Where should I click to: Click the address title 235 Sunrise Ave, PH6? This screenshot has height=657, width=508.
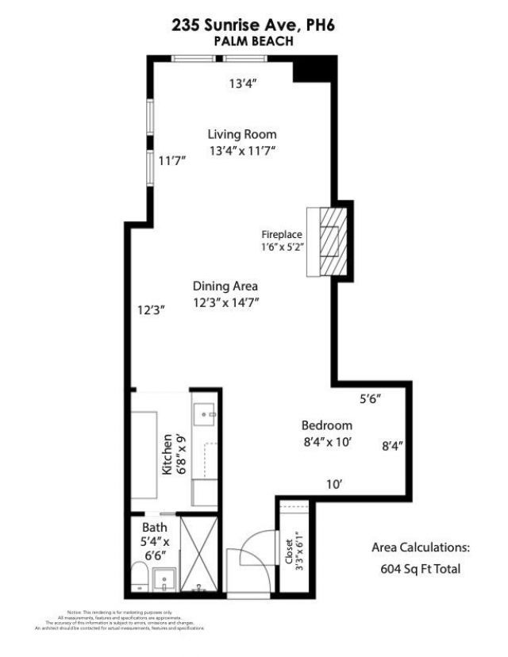point(253,25)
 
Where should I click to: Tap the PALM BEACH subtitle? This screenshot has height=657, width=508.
point(253,41)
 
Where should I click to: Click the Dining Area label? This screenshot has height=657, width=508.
point(225,286)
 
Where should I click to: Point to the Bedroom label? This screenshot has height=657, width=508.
point(326,425)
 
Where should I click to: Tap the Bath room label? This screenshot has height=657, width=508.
point(154,527)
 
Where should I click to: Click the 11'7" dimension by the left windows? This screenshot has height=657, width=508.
point(171,160)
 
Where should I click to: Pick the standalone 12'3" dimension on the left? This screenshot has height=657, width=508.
point(150,311)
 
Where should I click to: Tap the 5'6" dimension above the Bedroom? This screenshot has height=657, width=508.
point(371,400)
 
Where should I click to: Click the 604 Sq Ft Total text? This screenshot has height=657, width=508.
point(421,569)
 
